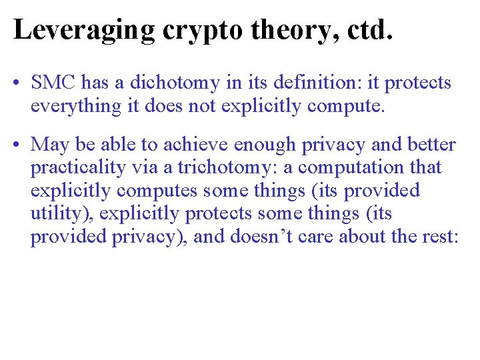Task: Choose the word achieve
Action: point(194,145)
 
